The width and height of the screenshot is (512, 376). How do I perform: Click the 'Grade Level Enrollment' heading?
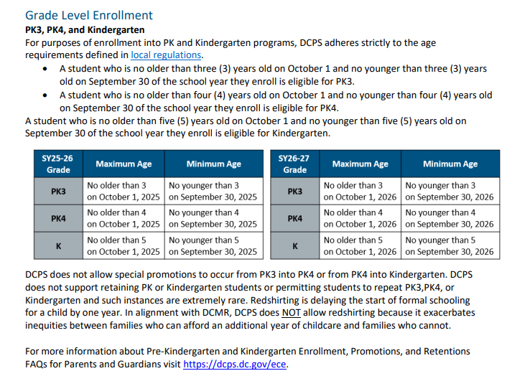coord(89,15)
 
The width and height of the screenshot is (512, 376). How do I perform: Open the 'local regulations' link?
coord(167,55)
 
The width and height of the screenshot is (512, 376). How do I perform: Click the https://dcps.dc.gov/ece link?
coord(235,364)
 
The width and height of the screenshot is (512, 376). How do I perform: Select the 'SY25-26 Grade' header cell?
coord(58,164)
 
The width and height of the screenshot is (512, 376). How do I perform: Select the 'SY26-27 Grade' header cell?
coord(295,164)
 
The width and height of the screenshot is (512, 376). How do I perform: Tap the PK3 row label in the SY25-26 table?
coord(58,191)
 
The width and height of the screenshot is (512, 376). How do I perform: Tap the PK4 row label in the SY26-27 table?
coord(295,218)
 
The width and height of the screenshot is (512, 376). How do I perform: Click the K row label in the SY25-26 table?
coord(58,245)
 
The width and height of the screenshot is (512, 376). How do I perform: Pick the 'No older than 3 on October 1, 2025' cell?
coord(124,191)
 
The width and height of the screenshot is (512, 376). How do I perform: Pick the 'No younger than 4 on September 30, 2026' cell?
coord(450,218)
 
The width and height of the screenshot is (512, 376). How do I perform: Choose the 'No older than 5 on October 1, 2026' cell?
coord(360,245)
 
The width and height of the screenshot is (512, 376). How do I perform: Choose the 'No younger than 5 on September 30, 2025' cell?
coord(213,245)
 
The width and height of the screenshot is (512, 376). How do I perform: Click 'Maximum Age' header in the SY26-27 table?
coord(360,164)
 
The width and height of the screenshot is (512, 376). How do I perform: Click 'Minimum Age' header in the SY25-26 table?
coord(213,164)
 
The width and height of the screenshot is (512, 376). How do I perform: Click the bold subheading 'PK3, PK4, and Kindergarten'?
coord(85,30)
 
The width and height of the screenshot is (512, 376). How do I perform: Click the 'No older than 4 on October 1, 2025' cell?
coord(124,218)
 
